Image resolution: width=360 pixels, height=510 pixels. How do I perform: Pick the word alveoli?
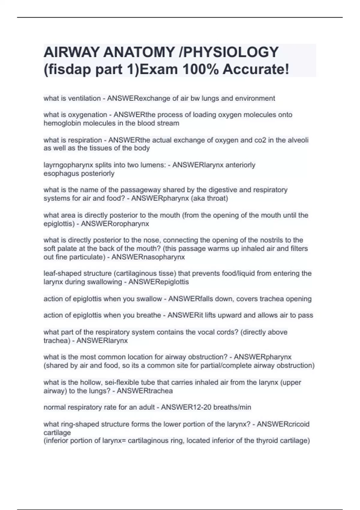tap(298, 140)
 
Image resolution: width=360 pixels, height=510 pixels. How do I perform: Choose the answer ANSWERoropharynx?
tap(115, 224)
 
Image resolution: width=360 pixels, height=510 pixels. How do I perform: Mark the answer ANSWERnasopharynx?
tap(148, 257)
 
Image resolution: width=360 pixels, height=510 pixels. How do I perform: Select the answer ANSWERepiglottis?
tap(158, 282)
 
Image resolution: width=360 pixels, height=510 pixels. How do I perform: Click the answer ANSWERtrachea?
tap(145, 391)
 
